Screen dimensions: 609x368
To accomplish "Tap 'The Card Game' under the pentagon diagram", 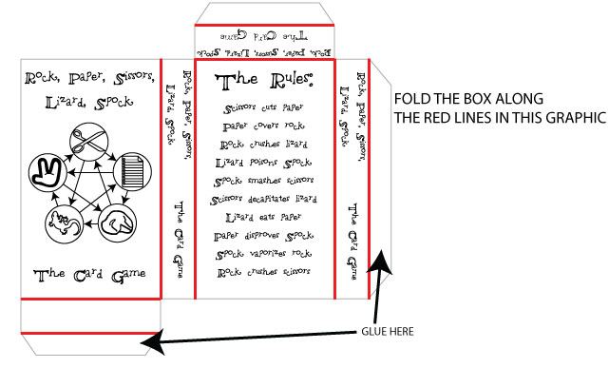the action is (89, 276).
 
